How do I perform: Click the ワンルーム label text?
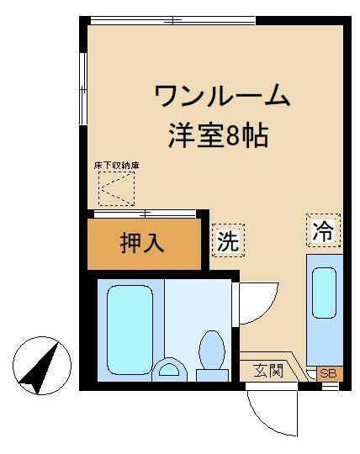222,97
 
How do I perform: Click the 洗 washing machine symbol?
227,240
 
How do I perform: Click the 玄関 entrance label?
269,370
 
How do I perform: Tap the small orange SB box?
331,372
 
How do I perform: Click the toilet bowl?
211,353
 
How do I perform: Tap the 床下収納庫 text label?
116,166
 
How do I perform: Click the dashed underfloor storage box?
115,188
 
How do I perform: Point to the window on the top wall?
172,20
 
